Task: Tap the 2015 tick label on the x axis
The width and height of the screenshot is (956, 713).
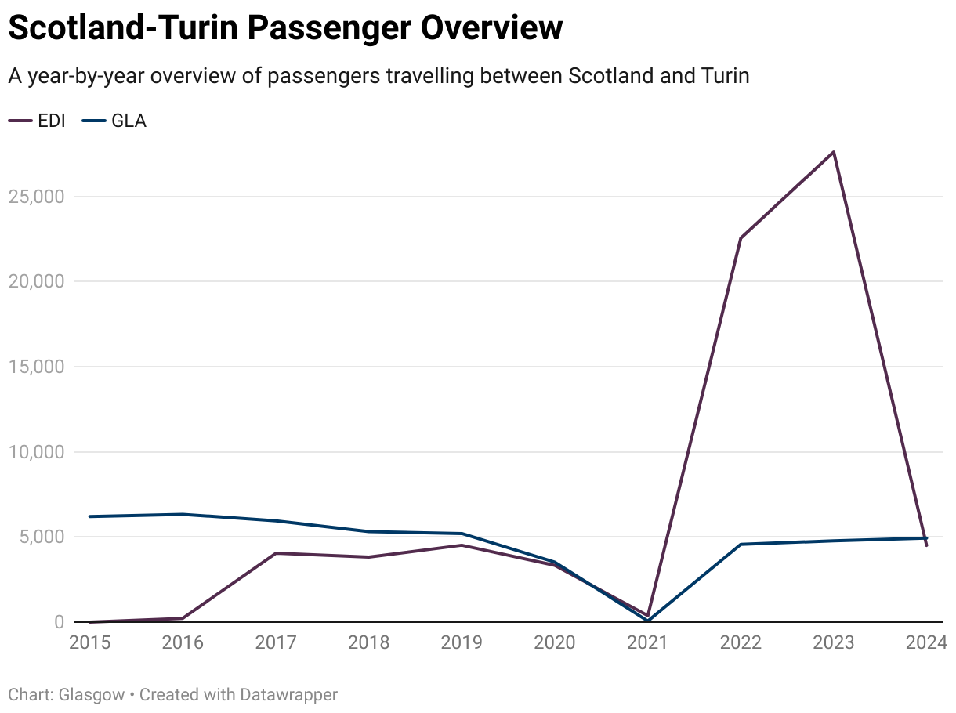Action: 90,643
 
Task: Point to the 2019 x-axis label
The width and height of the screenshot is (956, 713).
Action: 462,643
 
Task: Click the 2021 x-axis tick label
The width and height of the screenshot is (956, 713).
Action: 647,643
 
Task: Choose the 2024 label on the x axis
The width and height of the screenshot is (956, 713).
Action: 926,643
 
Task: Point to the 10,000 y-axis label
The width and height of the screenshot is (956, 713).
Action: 36,452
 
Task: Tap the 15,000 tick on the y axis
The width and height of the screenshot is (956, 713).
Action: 36,367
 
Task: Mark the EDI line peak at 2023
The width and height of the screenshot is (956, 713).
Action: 834,151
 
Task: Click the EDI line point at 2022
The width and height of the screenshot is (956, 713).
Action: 741,237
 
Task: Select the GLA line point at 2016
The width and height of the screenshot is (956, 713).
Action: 183,514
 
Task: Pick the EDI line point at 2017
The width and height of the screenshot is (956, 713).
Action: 276,553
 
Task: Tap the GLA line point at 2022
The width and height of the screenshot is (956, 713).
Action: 741,544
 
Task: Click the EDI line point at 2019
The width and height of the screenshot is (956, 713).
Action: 462,545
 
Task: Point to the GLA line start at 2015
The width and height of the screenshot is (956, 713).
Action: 90,516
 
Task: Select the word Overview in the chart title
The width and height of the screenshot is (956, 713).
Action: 491,28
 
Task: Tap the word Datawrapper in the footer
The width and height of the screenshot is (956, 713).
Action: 289,694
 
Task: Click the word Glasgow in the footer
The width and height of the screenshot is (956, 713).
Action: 91,694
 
